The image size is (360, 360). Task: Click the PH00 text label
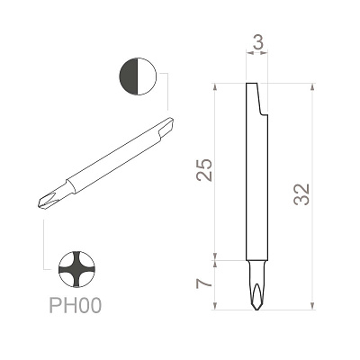(x=76, y=305)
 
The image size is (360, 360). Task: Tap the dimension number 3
(x=258, y=42)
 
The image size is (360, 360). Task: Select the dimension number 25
(x=204, y=170)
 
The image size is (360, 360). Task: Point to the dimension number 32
(x=301, y=194)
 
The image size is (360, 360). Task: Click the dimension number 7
(x=204, y=283)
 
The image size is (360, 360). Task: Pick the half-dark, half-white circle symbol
(x=138, y=76)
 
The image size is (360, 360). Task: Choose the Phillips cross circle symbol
(x=76, y=269)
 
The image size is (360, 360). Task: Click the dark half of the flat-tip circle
(x=129, y=76)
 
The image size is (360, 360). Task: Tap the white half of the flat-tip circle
(x=148, y=76)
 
